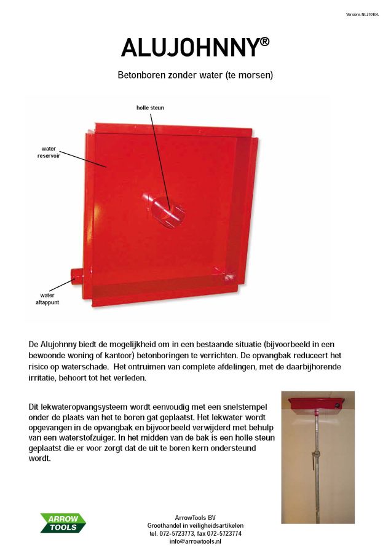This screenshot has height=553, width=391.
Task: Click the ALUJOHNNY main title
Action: coord(190,48)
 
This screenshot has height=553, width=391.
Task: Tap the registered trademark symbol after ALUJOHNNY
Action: coord(264,41)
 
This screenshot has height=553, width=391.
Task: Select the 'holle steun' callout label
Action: coord(150,108)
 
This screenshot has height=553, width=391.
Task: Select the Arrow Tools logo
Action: coord(63,523)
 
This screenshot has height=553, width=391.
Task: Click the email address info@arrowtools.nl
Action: coord(195,541)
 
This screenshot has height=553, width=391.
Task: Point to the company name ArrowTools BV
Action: coord(195,517)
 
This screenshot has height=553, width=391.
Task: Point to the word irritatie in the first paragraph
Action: coord(45,379)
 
